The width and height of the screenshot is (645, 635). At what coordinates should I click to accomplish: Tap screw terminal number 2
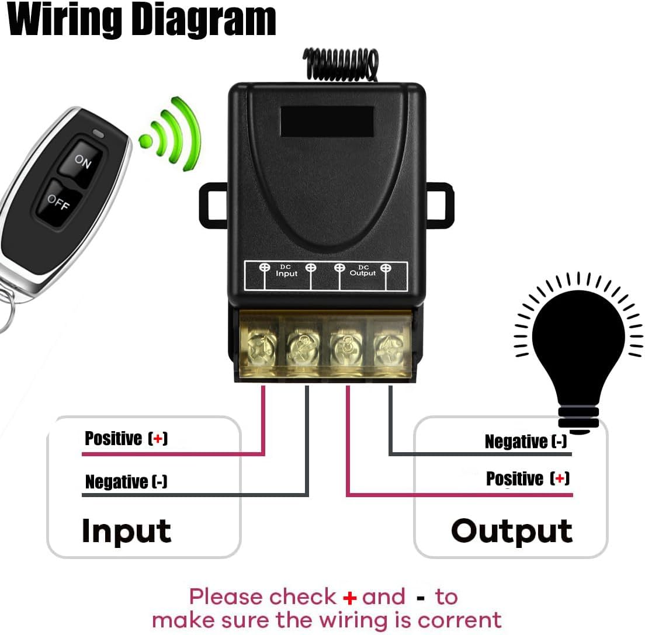303,347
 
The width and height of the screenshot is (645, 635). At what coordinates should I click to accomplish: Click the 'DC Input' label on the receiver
287,270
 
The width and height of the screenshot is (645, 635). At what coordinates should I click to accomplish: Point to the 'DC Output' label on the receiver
363,270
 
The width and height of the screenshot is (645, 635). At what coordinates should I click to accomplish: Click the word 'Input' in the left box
126,531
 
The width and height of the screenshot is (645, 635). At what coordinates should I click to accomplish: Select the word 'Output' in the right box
511,531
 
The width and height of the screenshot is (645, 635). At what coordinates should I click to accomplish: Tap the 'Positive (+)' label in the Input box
126,438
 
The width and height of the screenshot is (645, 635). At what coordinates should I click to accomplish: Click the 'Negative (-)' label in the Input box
126,482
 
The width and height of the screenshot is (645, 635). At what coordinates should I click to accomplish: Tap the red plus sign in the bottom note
349,598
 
